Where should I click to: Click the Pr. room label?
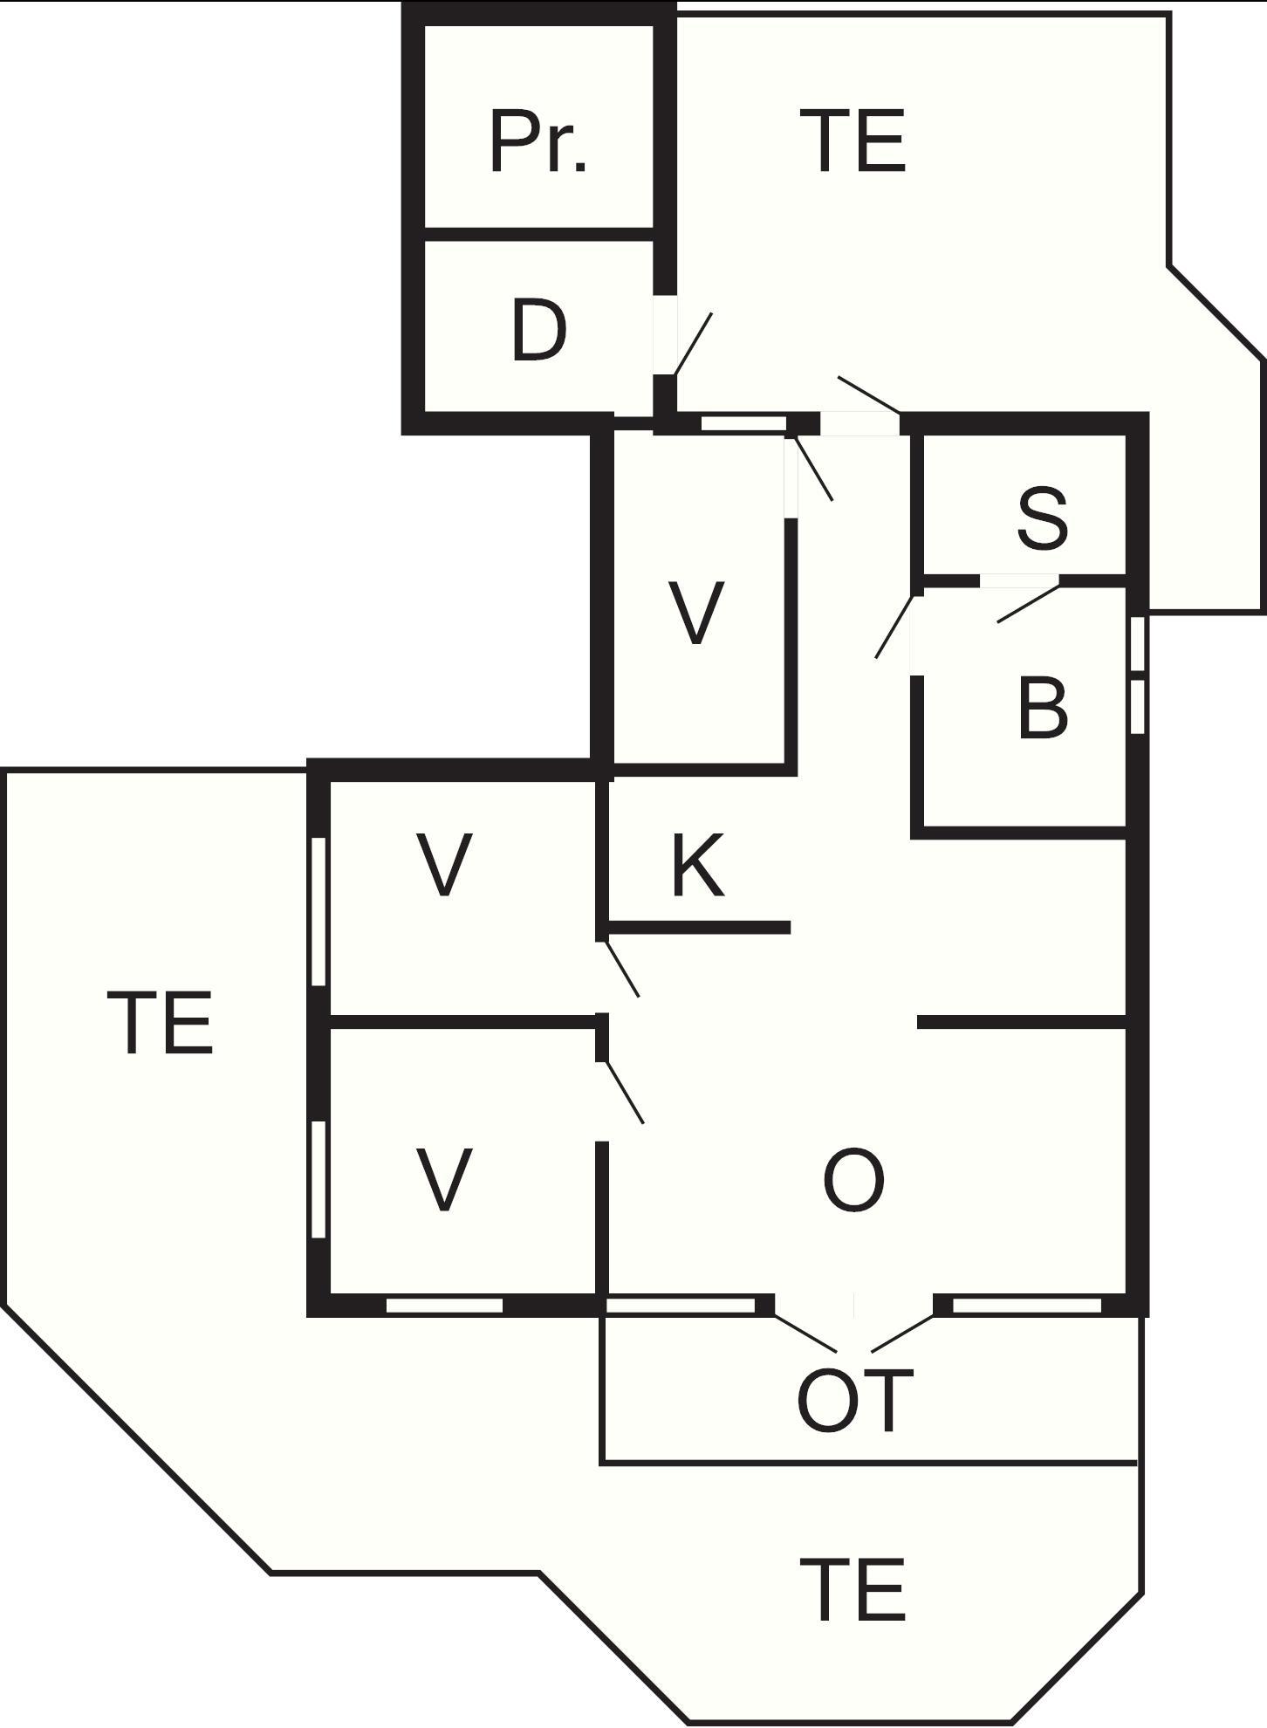pos(538,141)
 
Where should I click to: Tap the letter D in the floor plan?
pos(539,330)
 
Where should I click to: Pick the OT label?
pos(855,1402)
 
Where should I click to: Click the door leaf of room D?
pos(694,344)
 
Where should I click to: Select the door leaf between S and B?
pos(1029,603)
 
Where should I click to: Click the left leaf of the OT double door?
pos(805,1333)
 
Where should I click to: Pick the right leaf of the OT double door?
pos(902,1333)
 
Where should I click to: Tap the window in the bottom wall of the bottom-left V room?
pos(445,1306)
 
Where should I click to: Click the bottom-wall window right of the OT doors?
pos(1027,1306)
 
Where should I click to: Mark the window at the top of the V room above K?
pos(744,423)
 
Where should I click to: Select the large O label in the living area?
pos(854,1180)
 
